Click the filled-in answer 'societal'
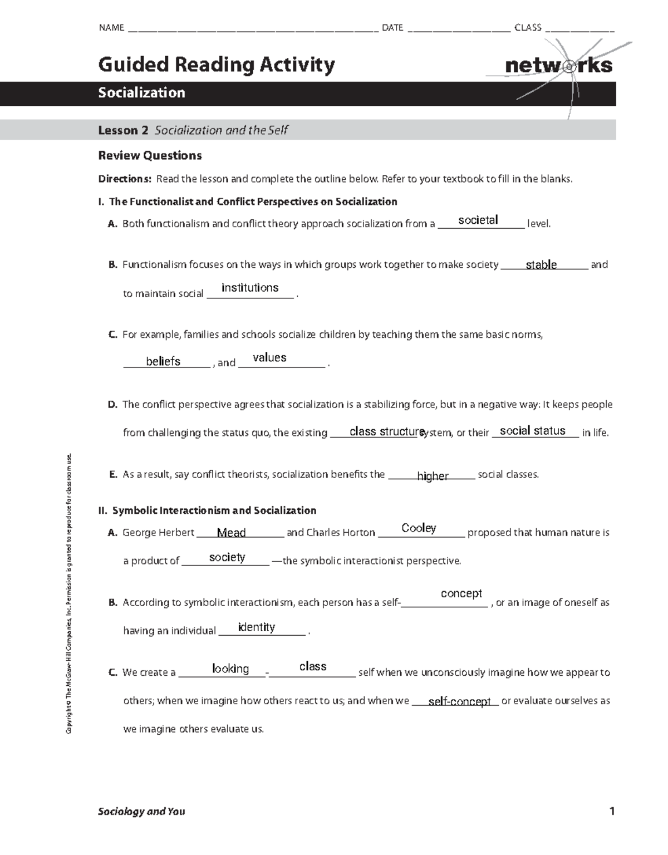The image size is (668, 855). pos(478,220)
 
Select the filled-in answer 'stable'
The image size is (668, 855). pos(541,265)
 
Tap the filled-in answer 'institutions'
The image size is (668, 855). pos(250,288)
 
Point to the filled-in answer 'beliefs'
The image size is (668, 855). pos(163,362)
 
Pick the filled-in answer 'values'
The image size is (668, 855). pos(269,358)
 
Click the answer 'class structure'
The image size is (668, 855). pos(387,432)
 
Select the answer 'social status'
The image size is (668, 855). pos(532,431)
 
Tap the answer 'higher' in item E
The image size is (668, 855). pos(433,476)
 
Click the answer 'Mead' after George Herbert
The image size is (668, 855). pos(231,533)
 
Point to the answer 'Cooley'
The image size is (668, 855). pos(419,528)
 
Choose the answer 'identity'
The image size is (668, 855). pos(256,627)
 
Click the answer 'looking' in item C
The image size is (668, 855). pos(230,669)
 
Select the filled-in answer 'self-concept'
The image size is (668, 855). pos(459,702)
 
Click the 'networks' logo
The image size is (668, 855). pos(558,66)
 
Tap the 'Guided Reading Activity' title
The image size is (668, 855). pos(217,65)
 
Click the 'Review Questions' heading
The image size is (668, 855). pos(150,156)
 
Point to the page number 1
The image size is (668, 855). pos(612,812)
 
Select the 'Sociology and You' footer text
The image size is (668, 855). pos(141,812)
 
